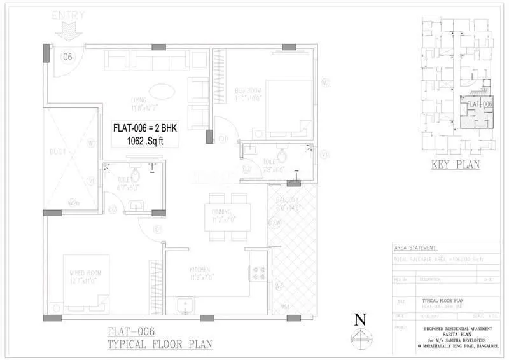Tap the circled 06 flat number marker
(x=67, y=57)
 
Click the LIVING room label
(x=139, y=100)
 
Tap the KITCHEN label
(x=199, y=269)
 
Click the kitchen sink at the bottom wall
(x=185, y=305)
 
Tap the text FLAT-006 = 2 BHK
(x=148, y=127)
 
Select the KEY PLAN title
(x=455, y=165)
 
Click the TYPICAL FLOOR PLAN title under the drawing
(x=159, y=344)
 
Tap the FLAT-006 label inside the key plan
(x=480, y=104)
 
